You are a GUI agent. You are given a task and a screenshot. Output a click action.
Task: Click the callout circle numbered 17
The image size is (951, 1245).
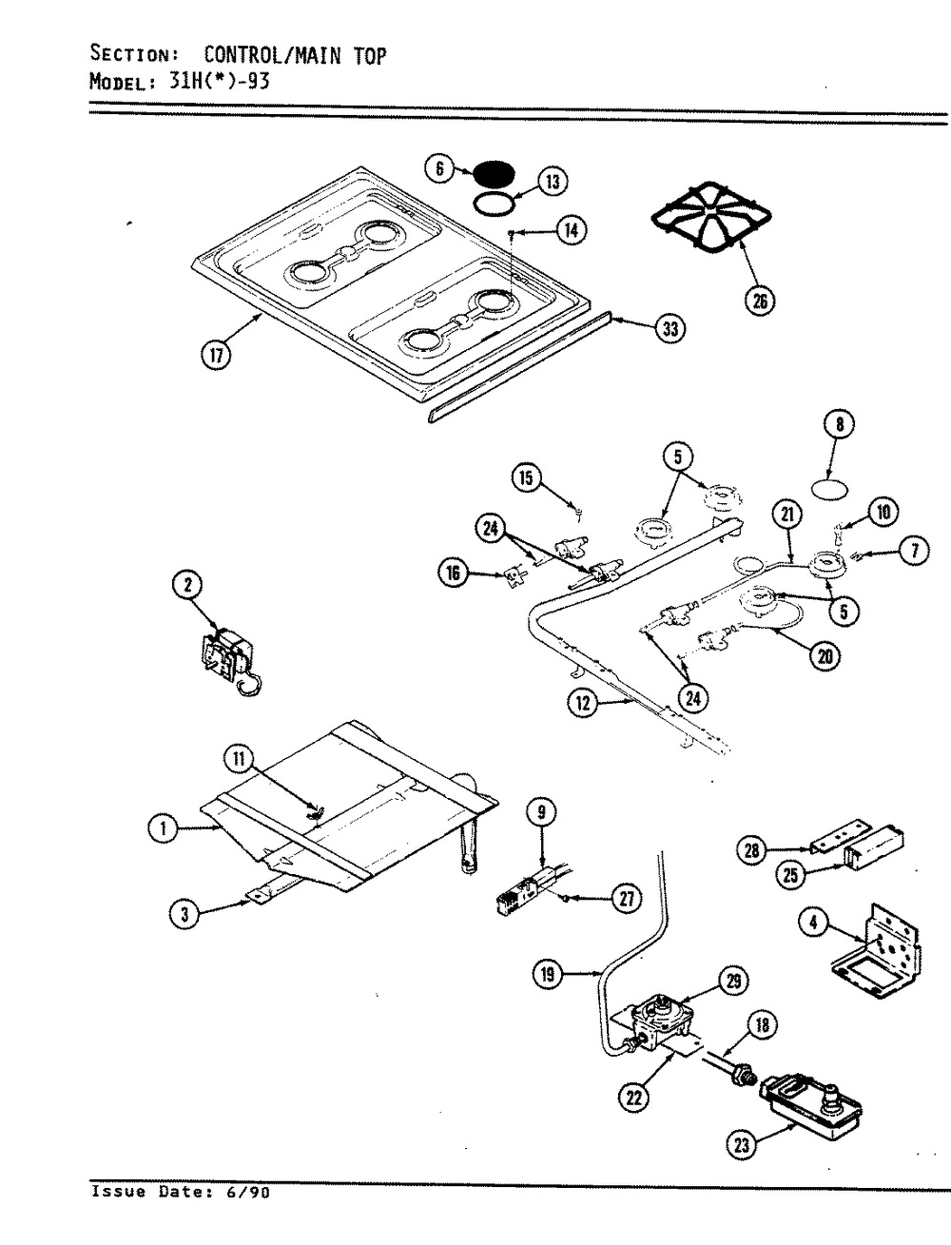pos(216,355)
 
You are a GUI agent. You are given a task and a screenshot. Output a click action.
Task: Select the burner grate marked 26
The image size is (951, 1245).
pos(711,217)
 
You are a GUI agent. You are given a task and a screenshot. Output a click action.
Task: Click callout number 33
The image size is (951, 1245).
pos(670,329)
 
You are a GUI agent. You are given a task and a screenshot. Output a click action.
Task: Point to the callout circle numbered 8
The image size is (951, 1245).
pos(840,423)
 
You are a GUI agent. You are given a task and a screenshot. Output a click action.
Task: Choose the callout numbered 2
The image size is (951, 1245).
pos(188,584)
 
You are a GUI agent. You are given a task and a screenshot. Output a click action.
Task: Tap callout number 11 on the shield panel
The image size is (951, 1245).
pos(239,758)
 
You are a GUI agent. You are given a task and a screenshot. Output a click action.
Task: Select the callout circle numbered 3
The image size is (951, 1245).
pos(184,915)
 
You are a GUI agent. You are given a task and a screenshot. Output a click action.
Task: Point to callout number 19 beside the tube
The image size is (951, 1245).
pos(548,974)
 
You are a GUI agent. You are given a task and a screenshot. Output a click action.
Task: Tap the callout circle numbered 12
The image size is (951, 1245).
pos(583,703)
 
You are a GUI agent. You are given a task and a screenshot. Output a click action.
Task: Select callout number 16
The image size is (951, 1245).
pos(453,573)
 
